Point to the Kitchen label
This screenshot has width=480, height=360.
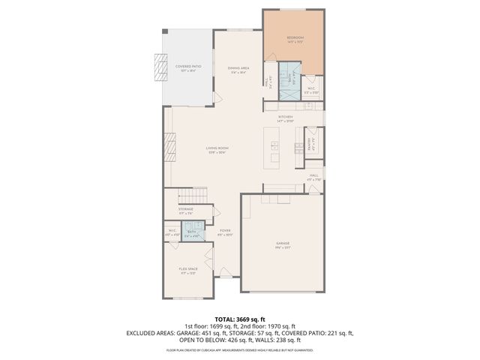tap(285, 117)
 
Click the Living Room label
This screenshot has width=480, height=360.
tap(217, 148)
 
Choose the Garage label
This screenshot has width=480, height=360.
tap(283, 244)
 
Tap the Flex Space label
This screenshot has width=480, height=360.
tap(187, 269)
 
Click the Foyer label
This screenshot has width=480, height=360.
tap(225, 231)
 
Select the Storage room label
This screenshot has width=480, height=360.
tap(186, 209)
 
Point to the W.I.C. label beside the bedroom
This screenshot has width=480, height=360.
tap(310, 91)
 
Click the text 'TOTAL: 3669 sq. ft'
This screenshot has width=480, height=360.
tap(239, 319)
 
